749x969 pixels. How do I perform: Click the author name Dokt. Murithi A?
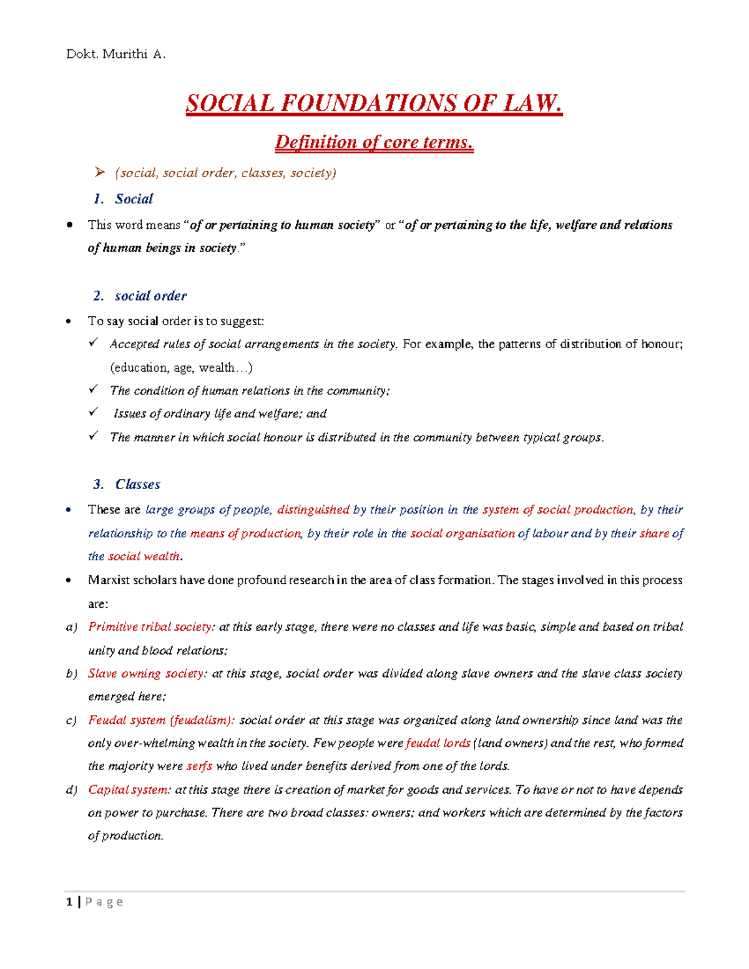click(115, 54)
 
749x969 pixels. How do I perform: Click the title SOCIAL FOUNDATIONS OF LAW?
click(374, 104)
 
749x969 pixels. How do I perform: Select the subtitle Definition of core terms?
click(374, 143)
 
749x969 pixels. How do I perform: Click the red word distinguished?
click(313, 510)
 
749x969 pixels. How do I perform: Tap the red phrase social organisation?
click(462, 533)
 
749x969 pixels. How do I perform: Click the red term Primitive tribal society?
click(150, 626)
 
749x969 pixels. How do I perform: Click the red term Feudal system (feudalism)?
click(161, 720)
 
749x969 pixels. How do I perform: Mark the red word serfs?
click(200, 766)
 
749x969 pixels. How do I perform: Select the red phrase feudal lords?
click(438, 743)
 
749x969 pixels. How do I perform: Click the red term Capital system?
click(128, 790)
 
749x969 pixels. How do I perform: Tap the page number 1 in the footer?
click(69, 902)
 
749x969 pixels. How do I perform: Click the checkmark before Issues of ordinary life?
click(94, 412)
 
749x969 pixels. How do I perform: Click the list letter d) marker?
click(71, 790)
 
